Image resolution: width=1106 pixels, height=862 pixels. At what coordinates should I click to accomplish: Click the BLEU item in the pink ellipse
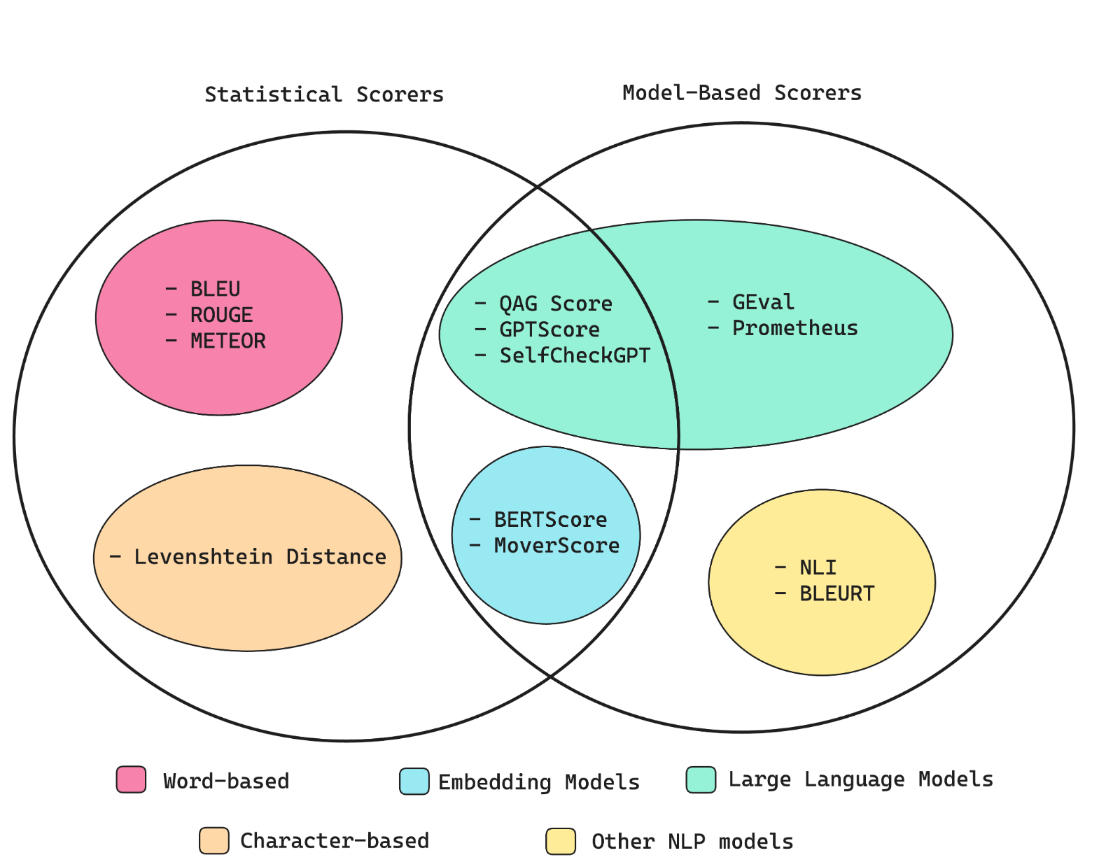point(215,289)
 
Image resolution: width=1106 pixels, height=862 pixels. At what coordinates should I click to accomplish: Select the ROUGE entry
point(221,315)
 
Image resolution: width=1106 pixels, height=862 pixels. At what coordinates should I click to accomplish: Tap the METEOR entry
point(227,341)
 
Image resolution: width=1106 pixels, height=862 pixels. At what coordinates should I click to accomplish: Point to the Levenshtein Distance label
point(260,557)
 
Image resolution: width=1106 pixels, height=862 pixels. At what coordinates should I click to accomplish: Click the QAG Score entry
point(555,304)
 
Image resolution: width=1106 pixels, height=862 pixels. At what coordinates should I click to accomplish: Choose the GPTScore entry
point(549,330)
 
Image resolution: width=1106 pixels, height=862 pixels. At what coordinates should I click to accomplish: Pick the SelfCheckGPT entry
point(574,355)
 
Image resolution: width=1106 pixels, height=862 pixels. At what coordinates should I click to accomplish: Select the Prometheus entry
point(794,328)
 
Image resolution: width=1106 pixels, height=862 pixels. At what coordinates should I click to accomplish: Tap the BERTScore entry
point(550,520)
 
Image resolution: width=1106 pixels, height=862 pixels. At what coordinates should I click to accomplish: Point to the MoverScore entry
point(556,546)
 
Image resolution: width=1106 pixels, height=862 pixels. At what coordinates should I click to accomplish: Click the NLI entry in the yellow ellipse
point(818,567)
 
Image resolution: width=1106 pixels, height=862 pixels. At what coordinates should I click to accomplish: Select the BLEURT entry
point(836,594)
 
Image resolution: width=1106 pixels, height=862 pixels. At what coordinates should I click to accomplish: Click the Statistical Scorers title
point(324,94)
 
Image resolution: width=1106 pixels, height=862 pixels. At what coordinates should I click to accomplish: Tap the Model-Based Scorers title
point(742,93)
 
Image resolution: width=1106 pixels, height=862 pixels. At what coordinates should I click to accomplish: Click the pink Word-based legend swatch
point(132,779)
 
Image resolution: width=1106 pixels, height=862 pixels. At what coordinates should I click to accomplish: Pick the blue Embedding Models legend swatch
point(414,782)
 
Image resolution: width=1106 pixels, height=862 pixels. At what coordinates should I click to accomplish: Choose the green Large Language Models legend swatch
point(701,779)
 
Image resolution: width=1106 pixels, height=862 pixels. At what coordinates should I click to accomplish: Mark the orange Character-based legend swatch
point(214,840)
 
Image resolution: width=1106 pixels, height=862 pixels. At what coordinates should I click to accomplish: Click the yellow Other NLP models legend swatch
point(561,841)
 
